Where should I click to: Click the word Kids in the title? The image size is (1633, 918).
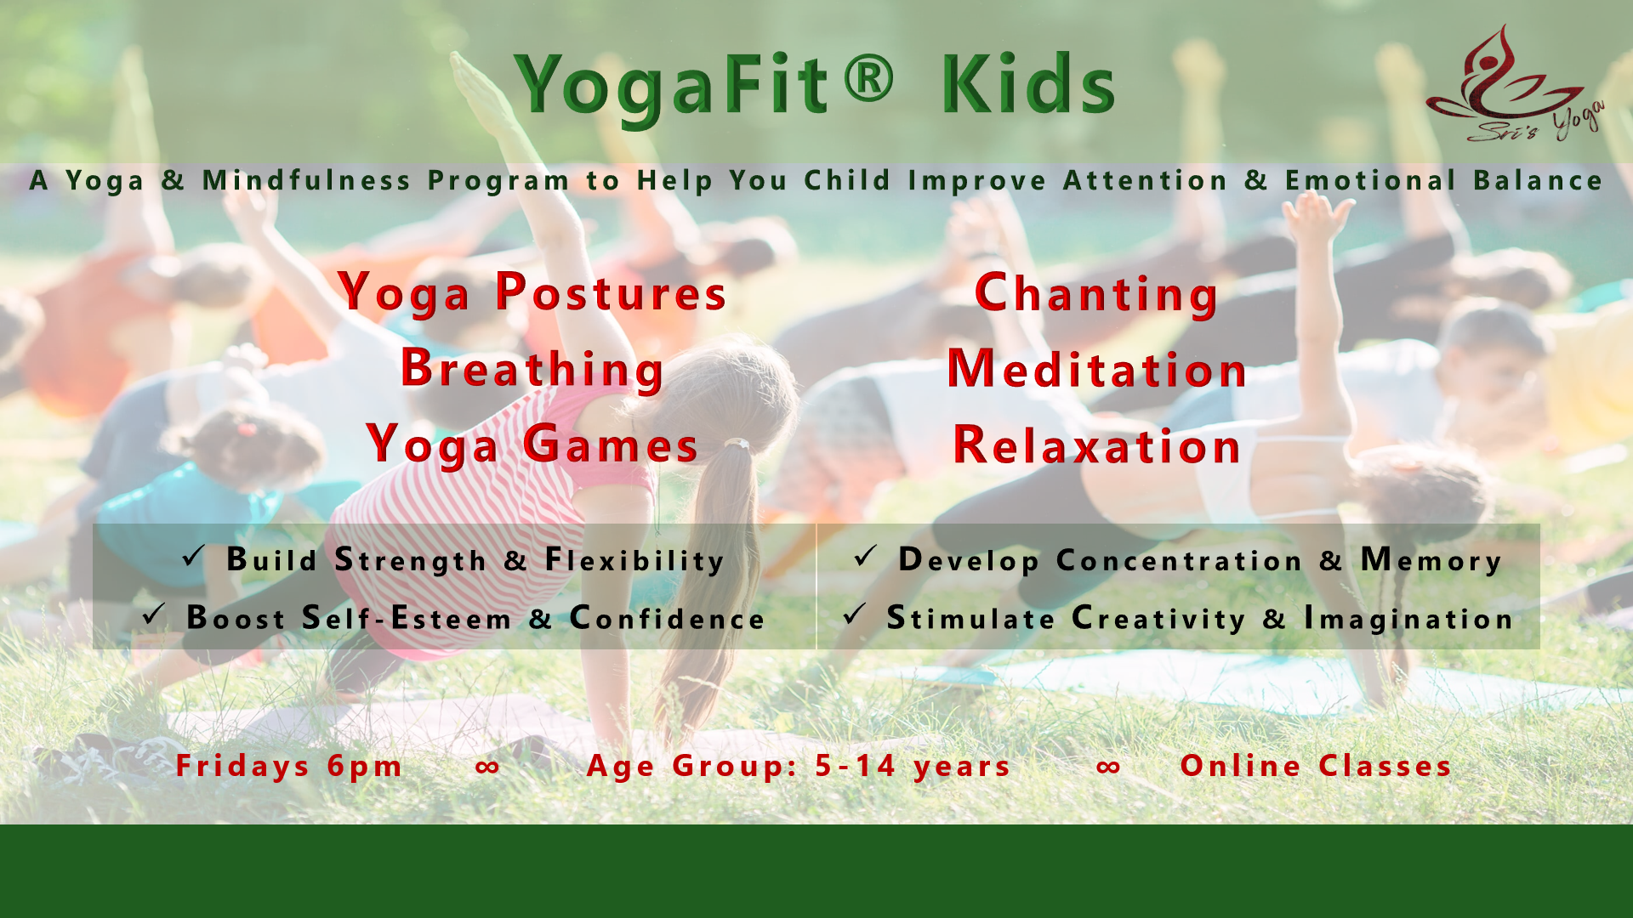[1027, 83]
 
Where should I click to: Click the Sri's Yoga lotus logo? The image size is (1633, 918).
[1514, 83]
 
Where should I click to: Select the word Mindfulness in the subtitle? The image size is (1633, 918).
[307, 180]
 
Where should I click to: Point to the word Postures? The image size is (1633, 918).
[611, 292]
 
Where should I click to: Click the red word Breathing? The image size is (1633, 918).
[532, 370]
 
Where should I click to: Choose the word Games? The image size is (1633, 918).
[611, 445]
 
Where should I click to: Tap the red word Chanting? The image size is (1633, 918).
[1096, 294]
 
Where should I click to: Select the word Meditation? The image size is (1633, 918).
[1097, 369]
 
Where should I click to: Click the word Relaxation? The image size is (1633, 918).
[1097, 445]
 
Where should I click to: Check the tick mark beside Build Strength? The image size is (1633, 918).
[193, 557]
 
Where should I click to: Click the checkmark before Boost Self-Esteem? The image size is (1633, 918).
[154, 615]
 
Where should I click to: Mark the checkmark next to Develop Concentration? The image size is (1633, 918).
[865, 557]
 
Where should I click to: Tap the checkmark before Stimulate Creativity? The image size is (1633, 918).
[854, 615]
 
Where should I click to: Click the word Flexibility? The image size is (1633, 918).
[634, 561]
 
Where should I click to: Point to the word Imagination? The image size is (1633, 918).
[1408, 619]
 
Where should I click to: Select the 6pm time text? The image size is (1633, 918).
[365, 767]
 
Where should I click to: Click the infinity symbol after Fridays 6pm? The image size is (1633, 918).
[487, 768]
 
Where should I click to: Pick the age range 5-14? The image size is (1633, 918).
[856, 766]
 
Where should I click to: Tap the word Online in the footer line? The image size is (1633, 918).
[1241, 766]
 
